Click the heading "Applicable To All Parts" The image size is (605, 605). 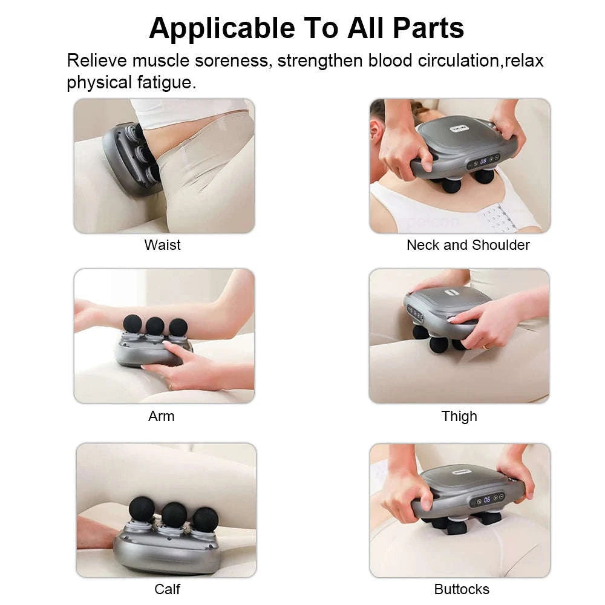[306, 28]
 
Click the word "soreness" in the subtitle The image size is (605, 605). [233, 61]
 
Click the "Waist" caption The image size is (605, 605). [162, 245]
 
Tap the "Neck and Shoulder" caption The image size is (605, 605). [468, 245]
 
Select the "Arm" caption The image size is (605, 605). [161, 416]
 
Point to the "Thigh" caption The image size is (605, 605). [459, 416]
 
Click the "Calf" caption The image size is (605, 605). [167, 589]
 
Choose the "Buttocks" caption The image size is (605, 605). [462, 589]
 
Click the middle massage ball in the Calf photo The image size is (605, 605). [174, 515]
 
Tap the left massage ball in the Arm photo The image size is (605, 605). [132, 324]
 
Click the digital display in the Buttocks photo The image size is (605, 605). [486, 500]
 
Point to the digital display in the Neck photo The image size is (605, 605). [483, 162]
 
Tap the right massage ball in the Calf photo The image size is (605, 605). [206, 519]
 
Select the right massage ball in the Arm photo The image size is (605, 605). [178, 327]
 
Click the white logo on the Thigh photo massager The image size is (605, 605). [449, 292]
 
